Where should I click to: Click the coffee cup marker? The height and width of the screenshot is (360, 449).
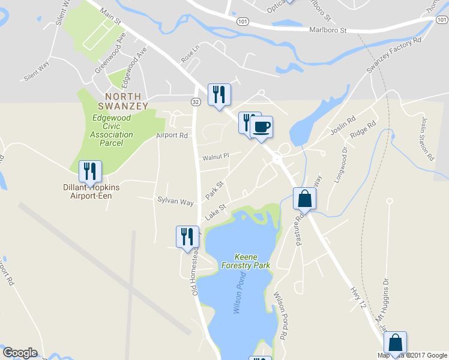coord(261,127)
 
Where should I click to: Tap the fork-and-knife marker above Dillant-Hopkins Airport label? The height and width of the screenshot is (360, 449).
coord(90,172)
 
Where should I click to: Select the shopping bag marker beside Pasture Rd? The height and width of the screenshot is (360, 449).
coord(304,199)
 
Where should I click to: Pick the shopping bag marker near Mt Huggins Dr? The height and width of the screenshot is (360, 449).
coord(396,343)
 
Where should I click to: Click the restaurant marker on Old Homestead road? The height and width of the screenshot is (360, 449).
coord(187,236)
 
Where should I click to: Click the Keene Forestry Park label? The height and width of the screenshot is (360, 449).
coord(252,260)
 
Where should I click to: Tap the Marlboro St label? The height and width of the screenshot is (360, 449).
coord(328,29)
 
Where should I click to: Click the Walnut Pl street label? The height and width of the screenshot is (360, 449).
coord(215,157)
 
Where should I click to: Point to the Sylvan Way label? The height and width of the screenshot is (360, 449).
coord(175,201)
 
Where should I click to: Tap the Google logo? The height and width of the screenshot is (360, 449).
coord(20,353)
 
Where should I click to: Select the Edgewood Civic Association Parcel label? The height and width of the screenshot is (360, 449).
coord(112,130)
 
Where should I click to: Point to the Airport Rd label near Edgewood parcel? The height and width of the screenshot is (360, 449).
coord(172,136)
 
